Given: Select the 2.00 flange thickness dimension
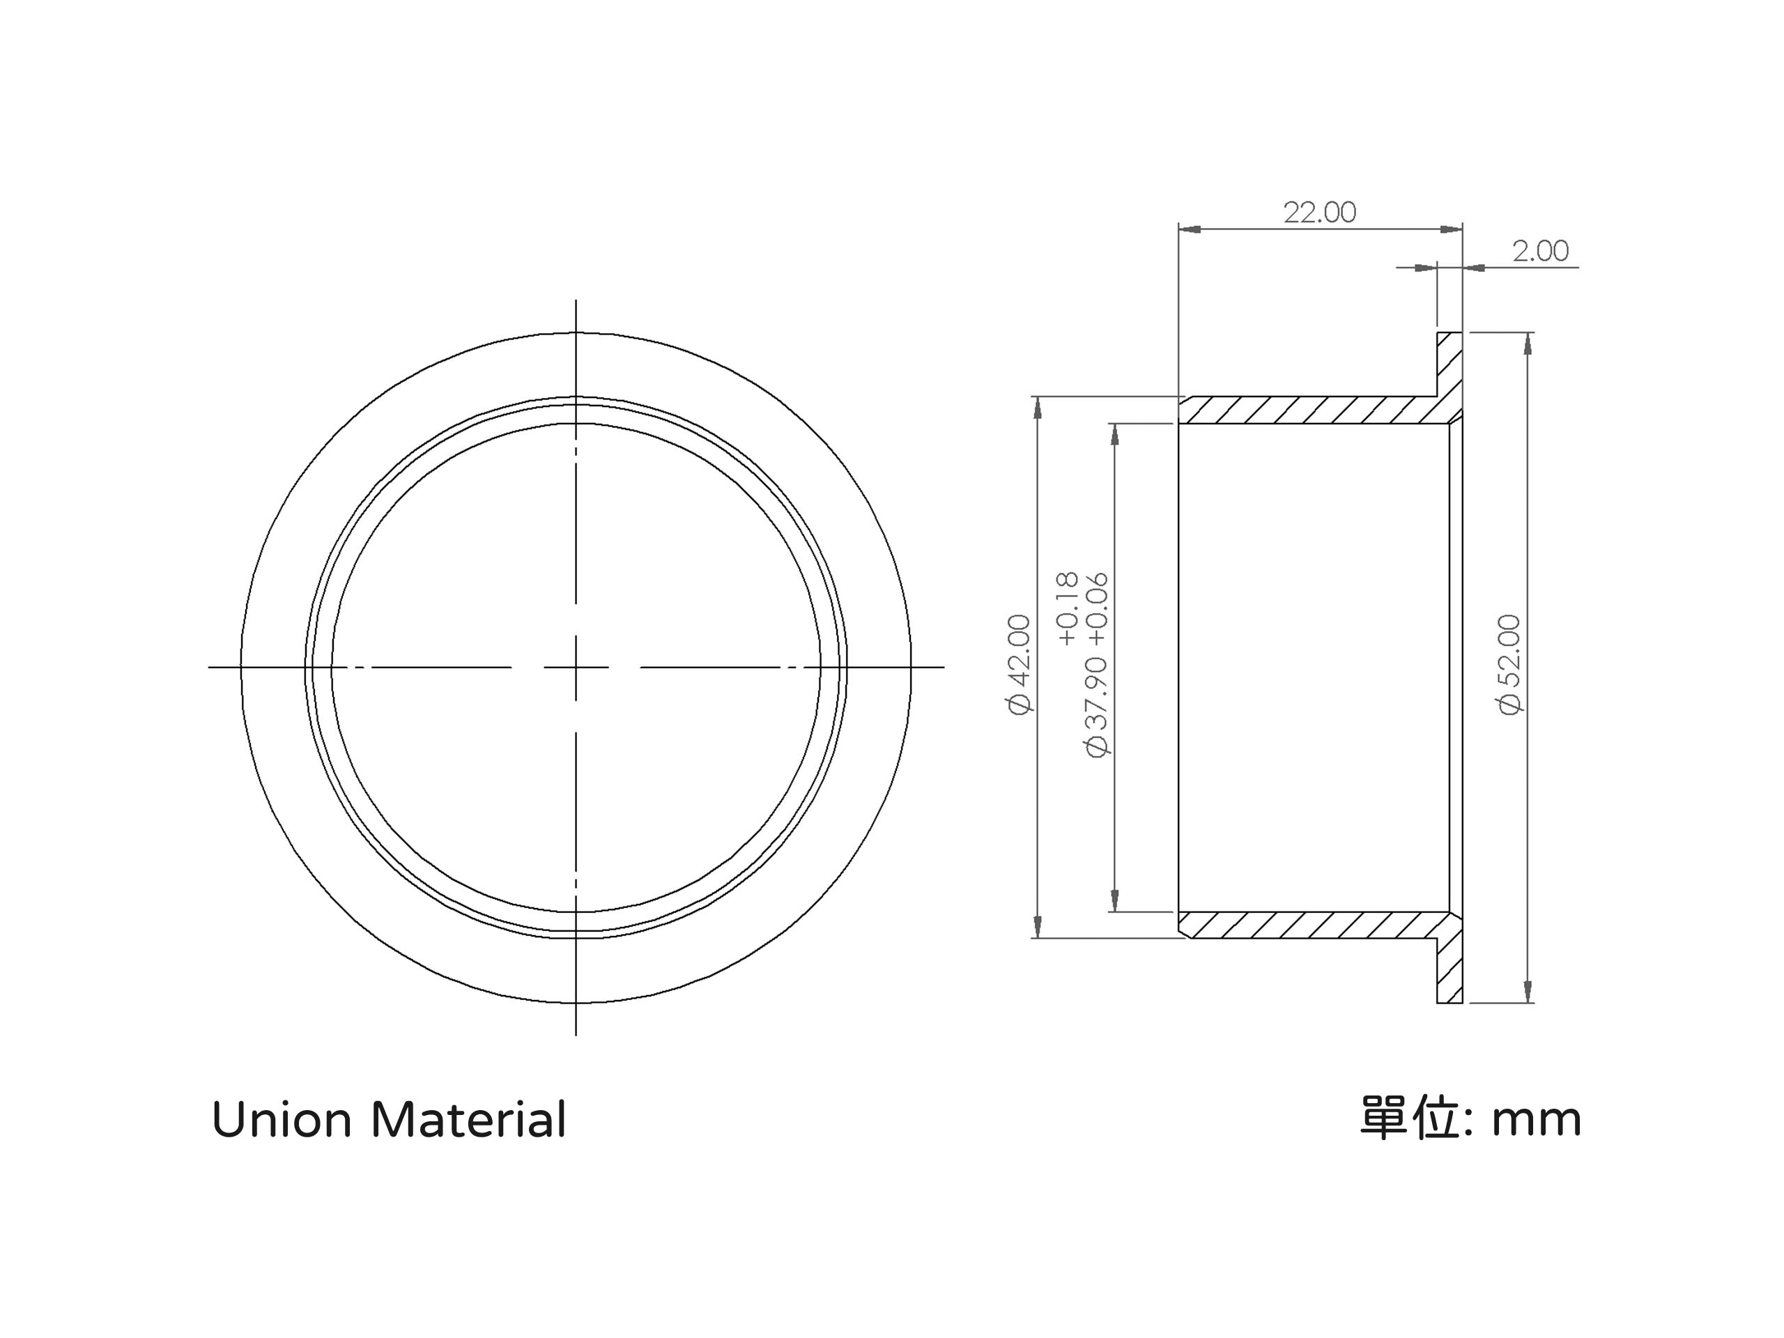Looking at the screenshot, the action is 1540,251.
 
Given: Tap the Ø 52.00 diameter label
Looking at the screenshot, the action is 1509,665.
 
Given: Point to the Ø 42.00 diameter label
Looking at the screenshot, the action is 1019,665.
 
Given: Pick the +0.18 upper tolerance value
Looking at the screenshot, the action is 1066,609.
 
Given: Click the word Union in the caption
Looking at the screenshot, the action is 282,1121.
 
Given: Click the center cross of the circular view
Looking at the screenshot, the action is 576,667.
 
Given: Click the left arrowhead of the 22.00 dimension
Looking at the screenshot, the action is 1190,230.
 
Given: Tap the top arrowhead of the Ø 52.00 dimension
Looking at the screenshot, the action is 1527,344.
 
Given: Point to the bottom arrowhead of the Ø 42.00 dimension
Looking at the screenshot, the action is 1038,927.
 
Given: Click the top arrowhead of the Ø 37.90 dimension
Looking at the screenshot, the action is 1114,435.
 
